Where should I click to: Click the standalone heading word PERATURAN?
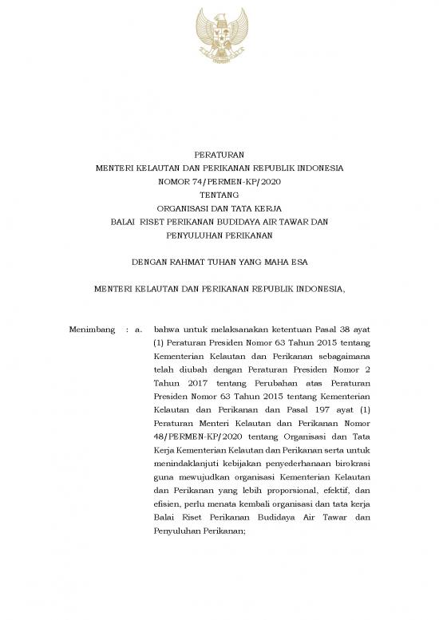click(219, 155)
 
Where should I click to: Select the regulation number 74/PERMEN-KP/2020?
click(235, 182)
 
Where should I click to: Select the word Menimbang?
click(93, 329)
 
